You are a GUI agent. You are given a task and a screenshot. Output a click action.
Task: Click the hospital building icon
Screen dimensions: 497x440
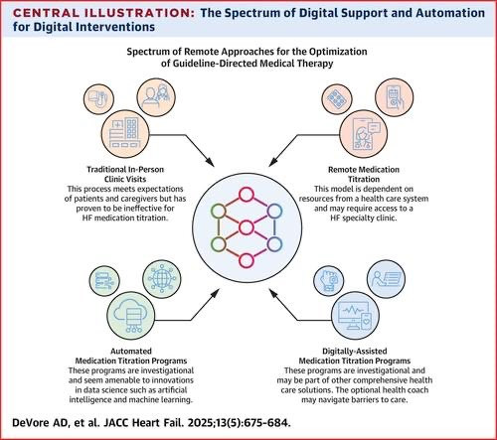coord(125,134)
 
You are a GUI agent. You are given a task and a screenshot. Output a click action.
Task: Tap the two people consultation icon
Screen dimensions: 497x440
coord(156,97)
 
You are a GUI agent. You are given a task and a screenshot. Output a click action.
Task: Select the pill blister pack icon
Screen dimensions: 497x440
coord(337,98)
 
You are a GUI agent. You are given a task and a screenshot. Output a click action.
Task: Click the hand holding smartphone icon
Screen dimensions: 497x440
coord(394,97)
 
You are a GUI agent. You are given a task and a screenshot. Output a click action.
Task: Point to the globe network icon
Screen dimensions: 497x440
coord(162,279)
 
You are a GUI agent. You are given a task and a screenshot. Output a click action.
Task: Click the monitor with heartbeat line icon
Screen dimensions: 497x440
coord(355,316)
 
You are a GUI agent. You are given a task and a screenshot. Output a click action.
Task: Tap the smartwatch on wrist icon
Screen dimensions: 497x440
coord(328,281)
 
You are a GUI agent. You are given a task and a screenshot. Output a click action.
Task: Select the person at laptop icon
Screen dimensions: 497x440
coord(386,279)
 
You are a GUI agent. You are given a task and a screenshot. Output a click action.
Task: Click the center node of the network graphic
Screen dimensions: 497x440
coord(247,227)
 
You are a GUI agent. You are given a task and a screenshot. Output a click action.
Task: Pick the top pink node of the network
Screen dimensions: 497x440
coord(247,195)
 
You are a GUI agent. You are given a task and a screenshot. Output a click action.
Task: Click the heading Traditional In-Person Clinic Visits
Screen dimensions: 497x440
coord(125,174)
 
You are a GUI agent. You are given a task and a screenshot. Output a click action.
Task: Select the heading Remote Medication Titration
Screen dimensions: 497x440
coord(364,174)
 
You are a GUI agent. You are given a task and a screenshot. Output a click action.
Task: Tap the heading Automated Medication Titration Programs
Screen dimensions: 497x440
coord(131,356)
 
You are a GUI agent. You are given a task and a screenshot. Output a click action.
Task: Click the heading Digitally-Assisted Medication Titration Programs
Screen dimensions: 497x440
coord(355,356)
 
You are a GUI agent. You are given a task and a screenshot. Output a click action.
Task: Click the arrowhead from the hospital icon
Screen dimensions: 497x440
coord(210,162)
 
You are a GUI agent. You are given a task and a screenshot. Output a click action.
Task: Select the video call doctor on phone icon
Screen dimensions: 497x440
coord(364,134)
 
